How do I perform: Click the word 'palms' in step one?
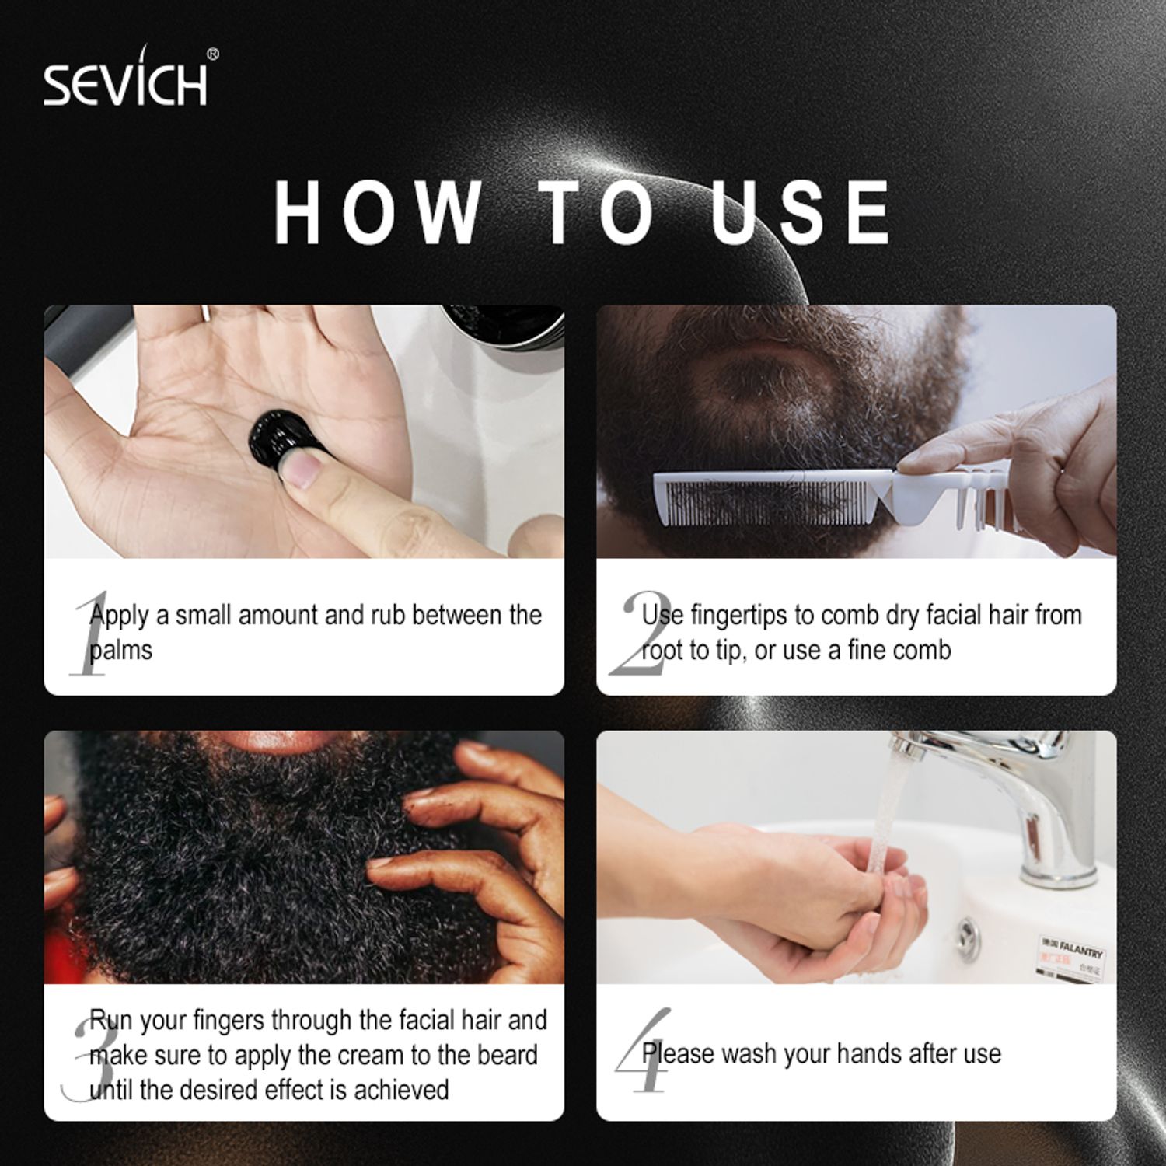coord(120,651)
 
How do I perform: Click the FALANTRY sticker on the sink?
coord(1072,951)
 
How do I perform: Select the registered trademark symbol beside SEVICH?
coord(213,54)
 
